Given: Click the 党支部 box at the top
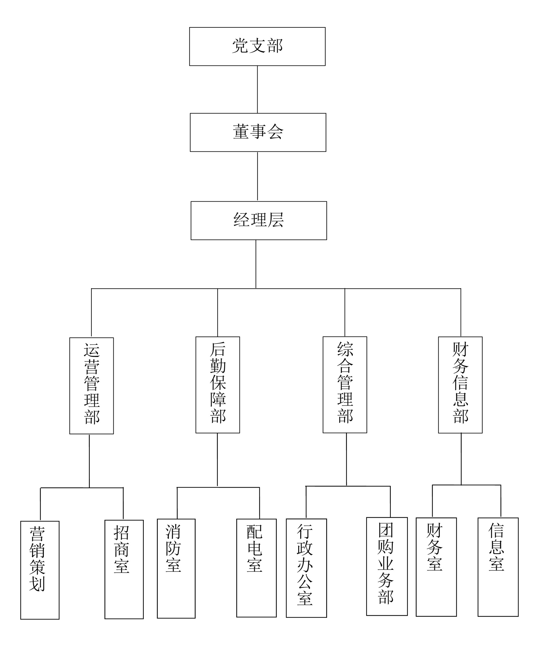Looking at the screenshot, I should coord(257,46).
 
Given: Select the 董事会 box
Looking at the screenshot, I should coord(258,132).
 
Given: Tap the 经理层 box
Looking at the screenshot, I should coord(259,220).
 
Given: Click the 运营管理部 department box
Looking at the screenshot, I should coord(92,386).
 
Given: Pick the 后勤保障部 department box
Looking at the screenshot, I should coord(218,385).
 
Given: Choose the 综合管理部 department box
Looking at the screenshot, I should coord(345,385).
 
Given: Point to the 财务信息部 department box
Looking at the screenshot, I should coord(460,385).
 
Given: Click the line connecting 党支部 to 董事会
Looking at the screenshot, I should coord(257,90).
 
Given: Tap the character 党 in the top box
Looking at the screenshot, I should coord(240,46).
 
